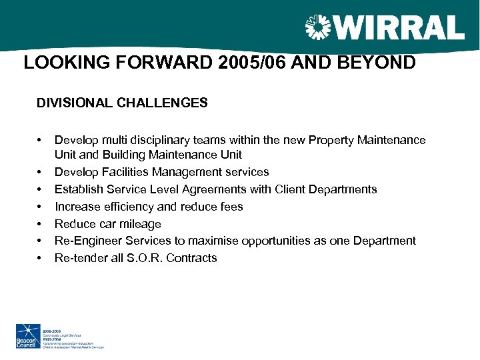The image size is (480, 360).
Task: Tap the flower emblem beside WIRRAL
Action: pyautogui.click(x=317, y=28)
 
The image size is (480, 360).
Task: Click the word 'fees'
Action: pyautogui.click(x=232, y=207)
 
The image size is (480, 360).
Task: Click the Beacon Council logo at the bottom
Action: pyautogui.click(x=27, y=335)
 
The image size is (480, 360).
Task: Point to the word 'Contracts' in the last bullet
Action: pyautogui.click(x=193, y=258)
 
